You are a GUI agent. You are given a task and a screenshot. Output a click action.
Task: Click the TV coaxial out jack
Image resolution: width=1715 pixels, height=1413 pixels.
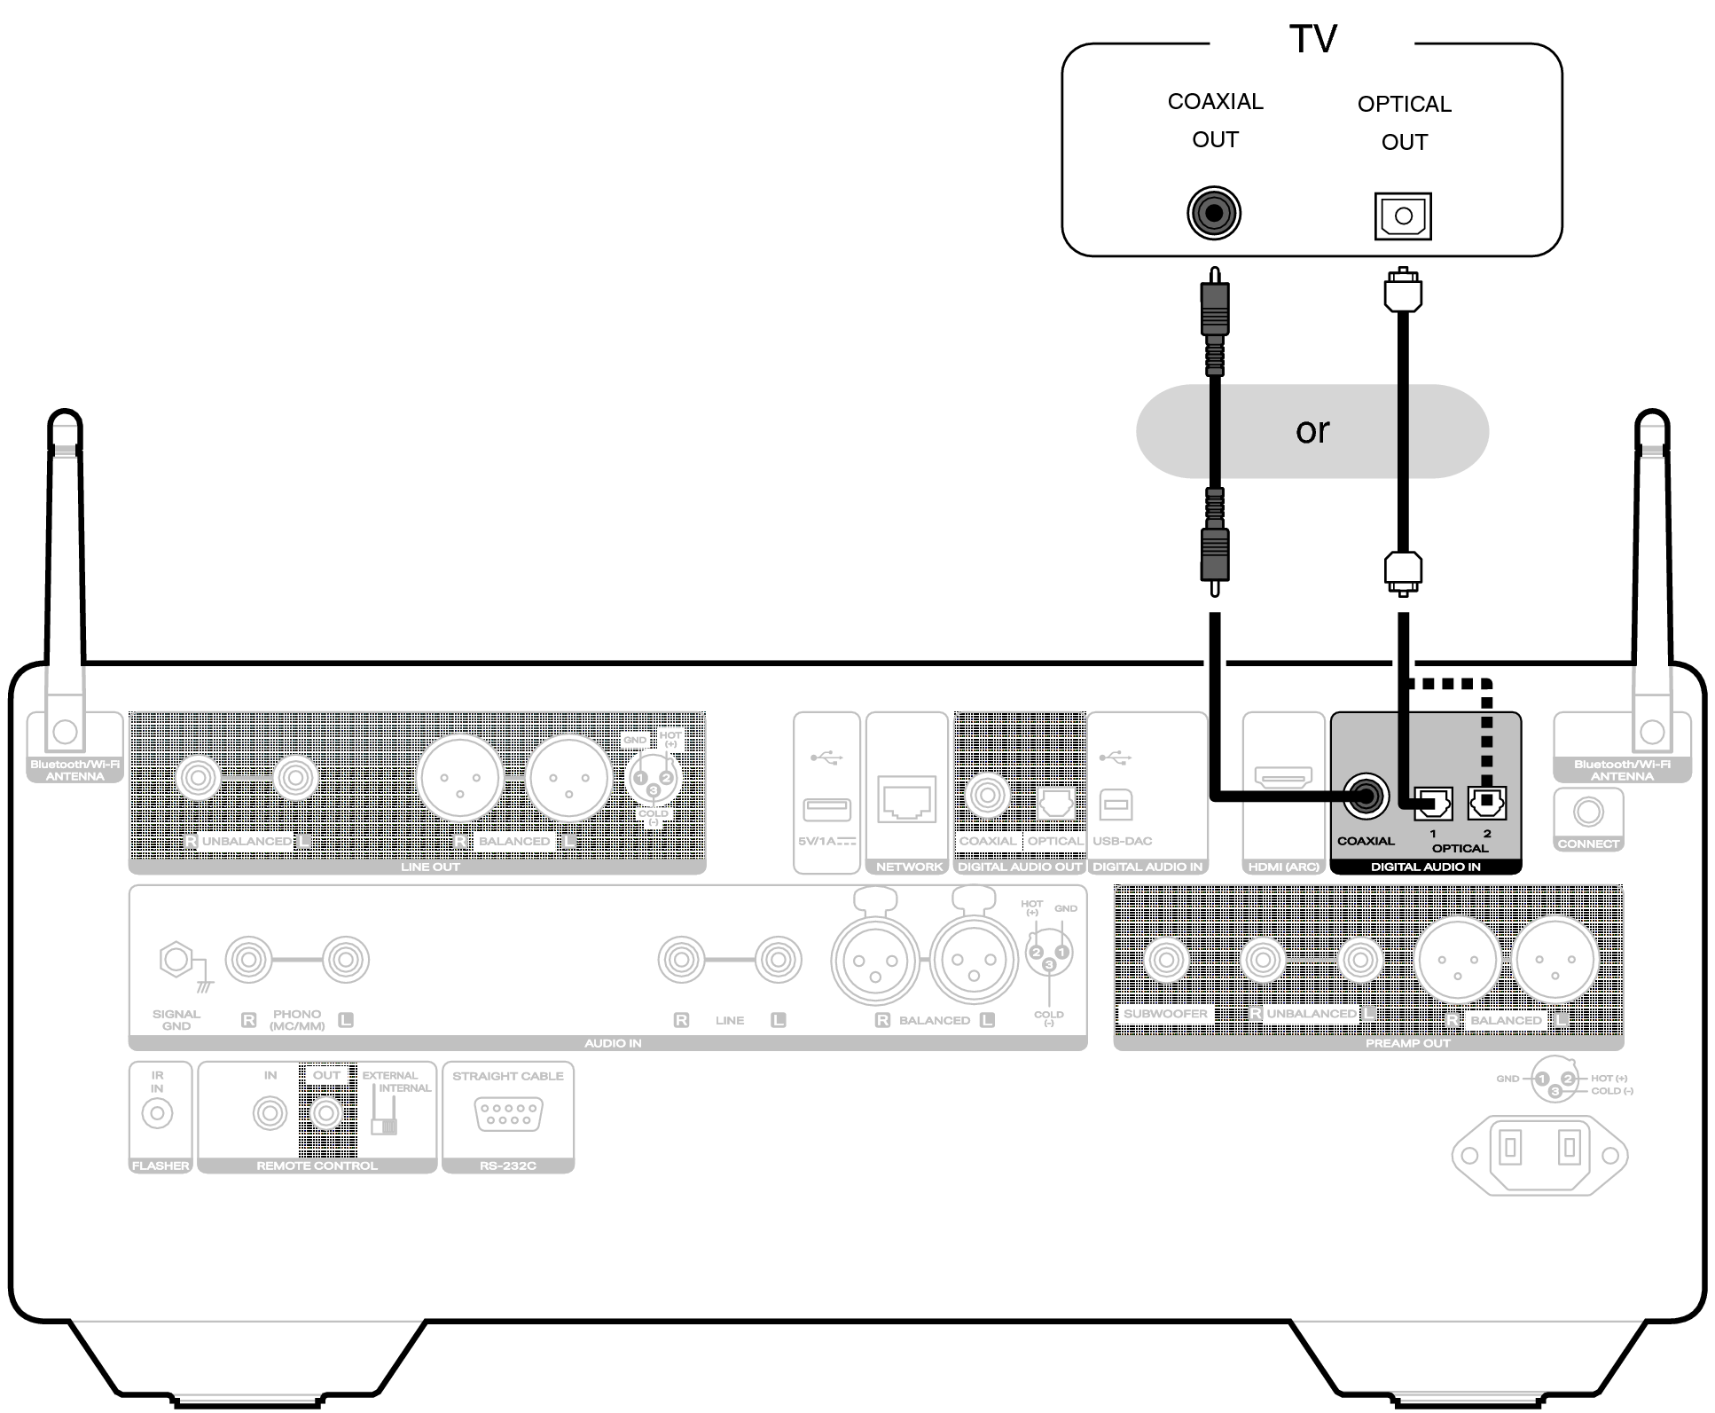point(1213,213)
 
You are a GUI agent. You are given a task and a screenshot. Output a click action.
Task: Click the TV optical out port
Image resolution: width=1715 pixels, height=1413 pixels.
point(1403,216)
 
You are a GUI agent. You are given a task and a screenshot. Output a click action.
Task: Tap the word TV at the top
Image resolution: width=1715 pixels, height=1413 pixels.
point(1312,39)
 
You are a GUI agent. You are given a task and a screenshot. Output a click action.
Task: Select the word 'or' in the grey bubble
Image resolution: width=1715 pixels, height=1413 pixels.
point(1312,431)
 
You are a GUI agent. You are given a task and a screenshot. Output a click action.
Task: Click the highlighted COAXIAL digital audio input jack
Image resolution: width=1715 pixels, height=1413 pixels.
point(1366,797)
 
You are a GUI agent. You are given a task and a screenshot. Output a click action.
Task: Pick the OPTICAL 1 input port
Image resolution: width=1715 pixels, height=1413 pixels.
point(1432,804)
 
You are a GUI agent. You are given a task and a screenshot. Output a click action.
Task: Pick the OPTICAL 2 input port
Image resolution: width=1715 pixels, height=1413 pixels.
point(1487,804)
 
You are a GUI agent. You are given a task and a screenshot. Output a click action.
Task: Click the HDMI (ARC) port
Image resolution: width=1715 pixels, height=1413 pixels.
point(1283,779)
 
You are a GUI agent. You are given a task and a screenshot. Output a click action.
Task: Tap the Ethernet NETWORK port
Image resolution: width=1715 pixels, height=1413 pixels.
point(906,800)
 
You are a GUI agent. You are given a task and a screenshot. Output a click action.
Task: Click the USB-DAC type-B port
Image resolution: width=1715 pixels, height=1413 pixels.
point(1116,805)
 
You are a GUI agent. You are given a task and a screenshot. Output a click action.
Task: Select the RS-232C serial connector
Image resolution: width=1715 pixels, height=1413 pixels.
point(508,1114)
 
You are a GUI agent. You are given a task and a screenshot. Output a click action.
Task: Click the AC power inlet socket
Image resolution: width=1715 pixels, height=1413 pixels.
point(1539,1154)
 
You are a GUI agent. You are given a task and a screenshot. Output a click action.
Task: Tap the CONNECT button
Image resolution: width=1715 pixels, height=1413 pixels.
point(1588,812)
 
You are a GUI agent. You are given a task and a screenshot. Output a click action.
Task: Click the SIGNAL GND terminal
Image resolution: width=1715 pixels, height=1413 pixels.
point(176,959)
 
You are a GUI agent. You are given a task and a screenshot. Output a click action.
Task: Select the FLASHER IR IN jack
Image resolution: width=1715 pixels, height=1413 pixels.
point(158,1113)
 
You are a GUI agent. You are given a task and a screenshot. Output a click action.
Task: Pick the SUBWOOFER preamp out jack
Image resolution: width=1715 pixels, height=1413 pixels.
point(1165,959)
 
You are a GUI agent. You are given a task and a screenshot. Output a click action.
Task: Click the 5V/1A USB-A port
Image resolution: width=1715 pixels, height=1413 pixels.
point(826,809)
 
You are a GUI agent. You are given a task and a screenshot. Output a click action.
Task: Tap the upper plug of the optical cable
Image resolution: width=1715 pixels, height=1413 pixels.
point(1403,291)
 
